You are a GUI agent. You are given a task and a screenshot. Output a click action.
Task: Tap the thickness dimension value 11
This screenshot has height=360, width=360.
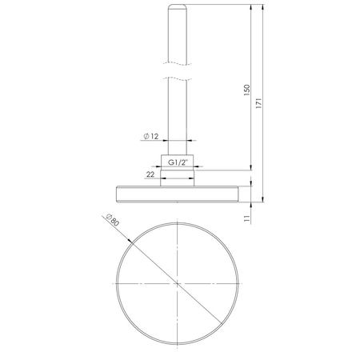point(248,214)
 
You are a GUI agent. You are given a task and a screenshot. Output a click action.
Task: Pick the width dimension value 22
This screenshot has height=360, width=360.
point(150,174)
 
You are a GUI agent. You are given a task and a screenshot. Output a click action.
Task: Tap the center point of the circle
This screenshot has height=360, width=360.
point(177,283)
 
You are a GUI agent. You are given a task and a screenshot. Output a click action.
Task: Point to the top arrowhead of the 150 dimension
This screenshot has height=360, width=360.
point(253,8)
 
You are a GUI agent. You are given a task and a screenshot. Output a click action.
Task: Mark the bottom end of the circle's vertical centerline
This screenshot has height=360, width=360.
point(177,350)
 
